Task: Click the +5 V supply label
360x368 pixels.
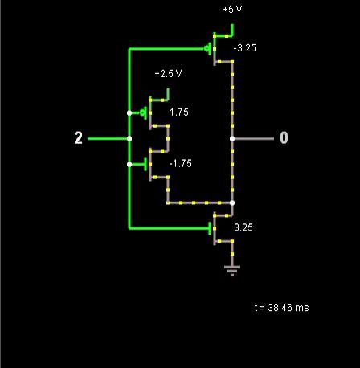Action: click(x=232, y=10)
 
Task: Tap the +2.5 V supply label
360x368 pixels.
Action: click(x=168, y=73)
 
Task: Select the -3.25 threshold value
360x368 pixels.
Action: click(x=245, y=48)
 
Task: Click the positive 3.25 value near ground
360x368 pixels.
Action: click(x=243, y=227)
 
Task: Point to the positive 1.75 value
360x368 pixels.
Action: click(x=179, y=112)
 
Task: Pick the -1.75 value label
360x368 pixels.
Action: click(x=181, y=163)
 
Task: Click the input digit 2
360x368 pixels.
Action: click(x=78, y=138)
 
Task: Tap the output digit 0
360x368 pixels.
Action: click(x=284, y=138)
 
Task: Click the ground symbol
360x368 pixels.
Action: click(x=232, y=270)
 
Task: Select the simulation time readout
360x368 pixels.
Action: click(x=281, y=308)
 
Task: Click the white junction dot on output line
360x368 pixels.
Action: click(x=232, y=139)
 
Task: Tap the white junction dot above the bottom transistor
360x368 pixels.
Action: click(x=232, y=202)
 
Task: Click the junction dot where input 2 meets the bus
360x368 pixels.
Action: click(x=129, y=139)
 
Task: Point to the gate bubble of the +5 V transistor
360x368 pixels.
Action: click(x=207, y=49)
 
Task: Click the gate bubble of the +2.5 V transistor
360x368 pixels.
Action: click(x=142, y=113)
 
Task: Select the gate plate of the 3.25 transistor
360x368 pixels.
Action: click(x=210, y=228)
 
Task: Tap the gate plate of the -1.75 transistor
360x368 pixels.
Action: click(x=145, y=164)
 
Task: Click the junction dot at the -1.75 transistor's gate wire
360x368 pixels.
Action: click(x=129, y=164)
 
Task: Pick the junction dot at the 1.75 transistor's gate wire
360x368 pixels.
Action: click(x=129, y=113)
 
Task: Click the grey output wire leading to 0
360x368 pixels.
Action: click(x=253, y=139)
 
